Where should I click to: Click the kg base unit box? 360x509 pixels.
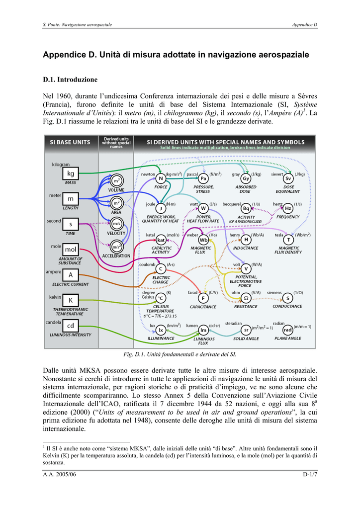(x=71, y=173)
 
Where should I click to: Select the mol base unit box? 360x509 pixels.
(x=71, y=249)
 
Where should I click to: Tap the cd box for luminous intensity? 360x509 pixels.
(x=71, y=326)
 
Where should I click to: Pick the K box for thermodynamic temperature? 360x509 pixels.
(x=71, y=300)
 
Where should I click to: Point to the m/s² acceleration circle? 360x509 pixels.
(x=116, y=246)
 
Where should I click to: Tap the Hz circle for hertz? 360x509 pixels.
(x=288, y=208)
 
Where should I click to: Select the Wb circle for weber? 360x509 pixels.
(x=203, y=240)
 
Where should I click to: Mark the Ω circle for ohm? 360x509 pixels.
(x=246, y=298)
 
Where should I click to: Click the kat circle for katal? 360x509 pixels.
(x=161, y=240)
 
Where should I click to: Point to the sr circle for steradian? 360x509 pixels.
(x=246, y=330)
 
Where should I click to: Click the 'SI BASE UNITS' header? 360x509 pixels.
(x=70, y=142)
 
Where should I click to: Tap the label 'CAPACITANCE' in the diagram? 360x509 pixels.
(x=203, y=307)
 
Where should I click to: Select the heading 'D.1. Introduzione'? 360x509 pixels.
(x=70, y=80)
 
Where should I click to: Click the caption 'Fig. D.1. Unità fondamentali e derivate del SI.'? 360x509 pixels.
(x=180, y=354)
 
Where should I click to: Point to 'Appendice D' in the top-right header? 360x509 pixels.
(x=304, y=24)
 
